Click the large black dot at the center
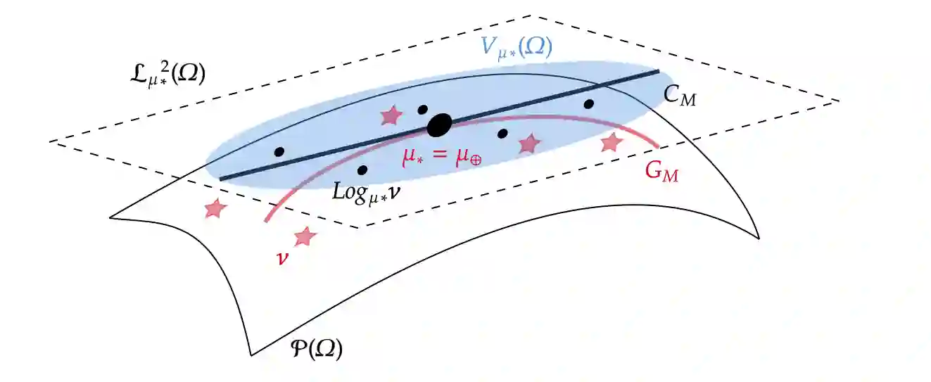439,126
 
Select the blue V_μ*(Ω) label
516,48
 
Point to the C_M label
680,96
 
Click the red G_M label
662,171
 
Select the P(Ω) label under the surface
316,348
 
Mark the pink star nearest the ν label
305,236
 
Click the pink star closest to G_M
612,142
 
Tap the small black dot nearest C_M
589,104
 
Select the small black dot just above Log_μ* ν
362,170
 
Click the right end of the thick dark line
658,71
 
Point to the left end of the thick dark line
221,179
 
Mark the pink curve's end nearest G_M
657,146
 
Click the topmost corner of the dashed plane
533,15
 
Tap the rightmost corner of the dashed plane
839,101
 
